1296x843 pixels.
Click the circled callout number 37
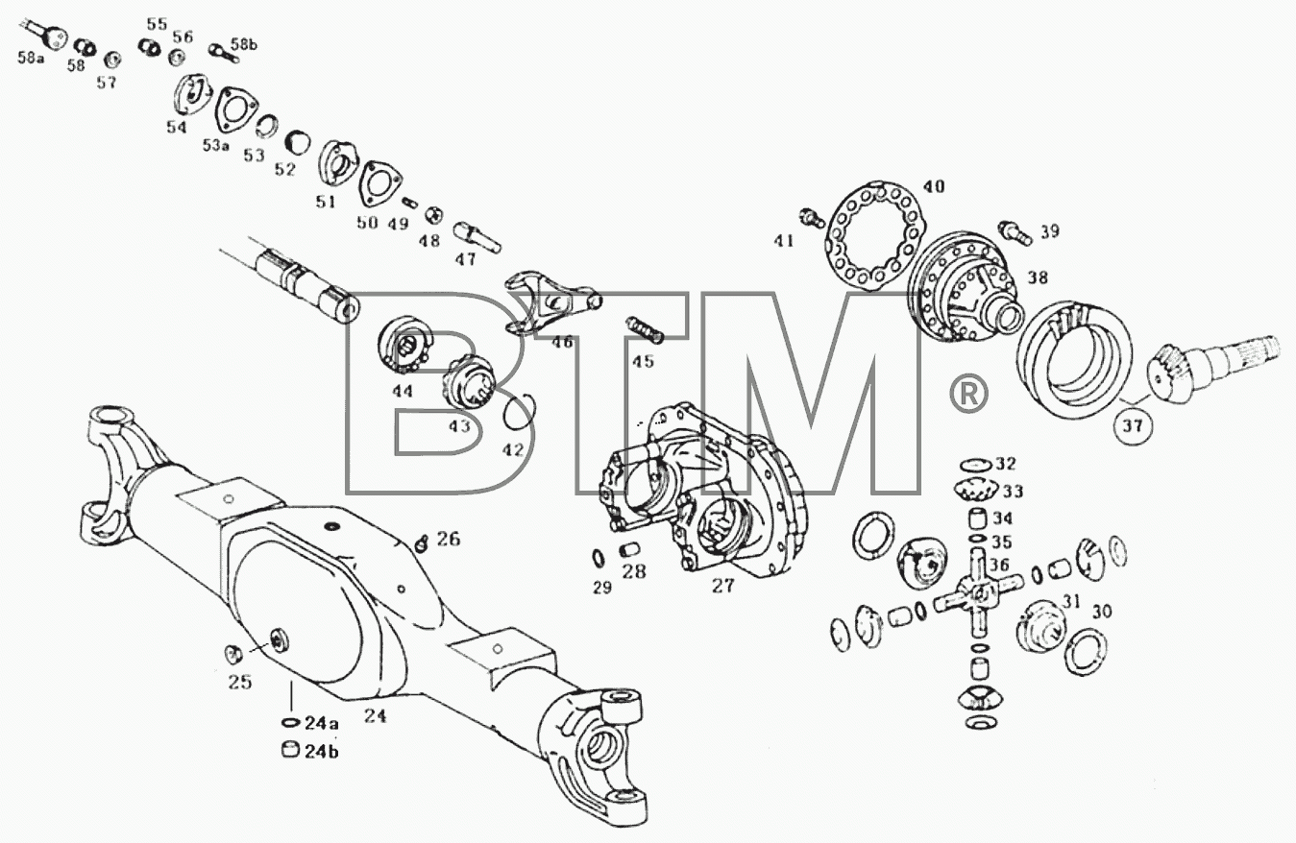pos(1133,425)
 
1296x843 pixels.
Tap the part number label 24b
pos(322,752)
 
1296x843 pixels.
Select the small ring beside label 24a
pos(289,723)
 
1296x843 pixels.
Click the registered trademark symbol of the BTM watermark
pos(968,394)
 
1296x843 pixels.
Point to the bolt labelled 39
pos(1015,233)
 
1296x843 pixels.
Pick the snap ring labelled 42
pos(519,412)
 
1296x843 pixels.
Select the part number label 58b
pos(244,44)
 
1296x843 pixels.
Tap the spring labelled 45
pos(644,329)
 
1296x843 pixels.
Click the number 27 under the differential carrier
pos(723,586)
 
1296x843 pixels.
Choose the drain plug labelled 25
pos(232,654)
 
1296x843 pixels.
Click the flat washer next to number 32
pos(976,465)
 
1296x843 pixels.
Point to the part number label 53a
pos(215,145)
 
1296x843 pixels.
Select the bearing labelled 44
pos(404,346)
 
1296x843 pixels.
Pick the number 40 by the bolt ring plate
pos(933,186)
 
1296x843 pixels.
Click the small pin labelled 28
pos(629,549)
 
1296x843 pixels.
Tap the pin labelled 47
pos(477,237)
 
